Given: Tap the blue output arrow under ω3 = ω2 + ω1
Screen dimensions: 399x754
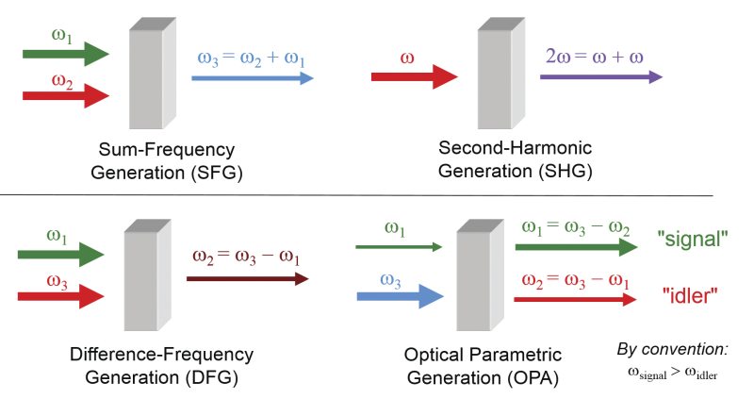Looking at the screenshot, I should pyautogui.click(x=252, y=78).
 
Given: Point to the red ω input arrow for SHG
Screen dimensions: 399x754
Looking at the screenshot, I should pyautogui.click(x=414, y=78).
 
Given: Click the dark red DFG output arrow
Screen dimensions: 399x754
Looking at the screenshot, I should pyautogui.click(x=247, y=278).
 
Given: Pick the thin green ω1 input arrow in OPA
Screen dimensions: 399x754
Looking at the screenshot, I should pyautogui.click(x=398, y=247).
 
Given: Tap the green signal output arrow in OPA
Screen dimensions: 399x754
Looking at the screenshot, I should pyautogui.click(x=574, y=248).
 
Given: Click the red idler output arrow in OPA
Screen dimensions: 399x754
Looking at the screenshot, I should pyautogui.click(x=574, y=299).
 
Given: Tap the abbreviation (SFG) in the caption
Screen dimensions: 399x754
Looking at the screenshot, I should pyautogui.click(x=210, y=172).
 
